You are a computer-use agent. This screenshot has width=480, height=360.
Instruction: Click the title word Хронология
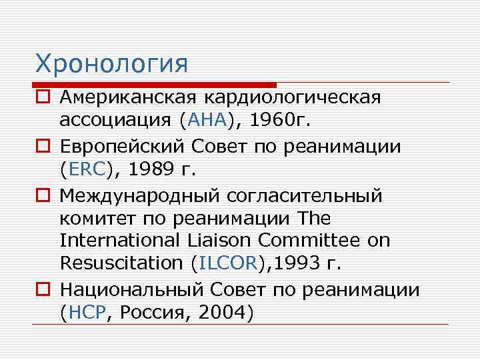pyautogui.click(x=112, y=64)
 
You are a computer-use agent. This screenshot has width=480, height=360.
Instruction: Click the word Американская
pyautogui.click(x=127, y=97)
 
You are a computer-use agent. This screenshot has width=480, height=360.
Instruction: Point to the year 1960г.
pyautogui.click(x=281, y=121)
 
